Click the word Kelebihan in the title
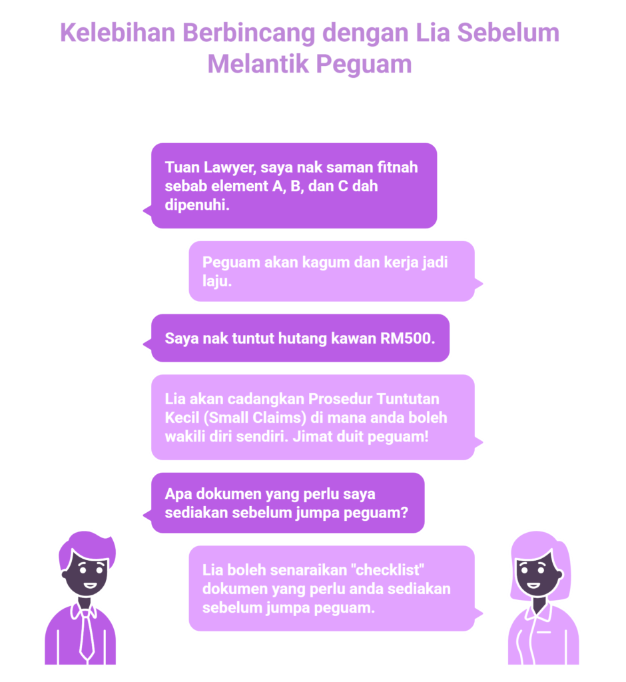[x=117, y=33]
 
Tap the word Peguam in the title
[x=364, y=65]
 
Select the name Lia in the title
[x=432, y=33]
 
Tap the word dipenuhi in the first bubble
[x=196, y=205]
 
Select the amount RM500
[x=408, y=338]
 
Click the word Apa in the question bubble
[x=178, y=495]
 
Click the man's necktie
[x=87, y=635]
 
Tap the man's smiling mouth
[x=90, y=585]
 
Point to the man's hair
[x=88, y=547]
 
